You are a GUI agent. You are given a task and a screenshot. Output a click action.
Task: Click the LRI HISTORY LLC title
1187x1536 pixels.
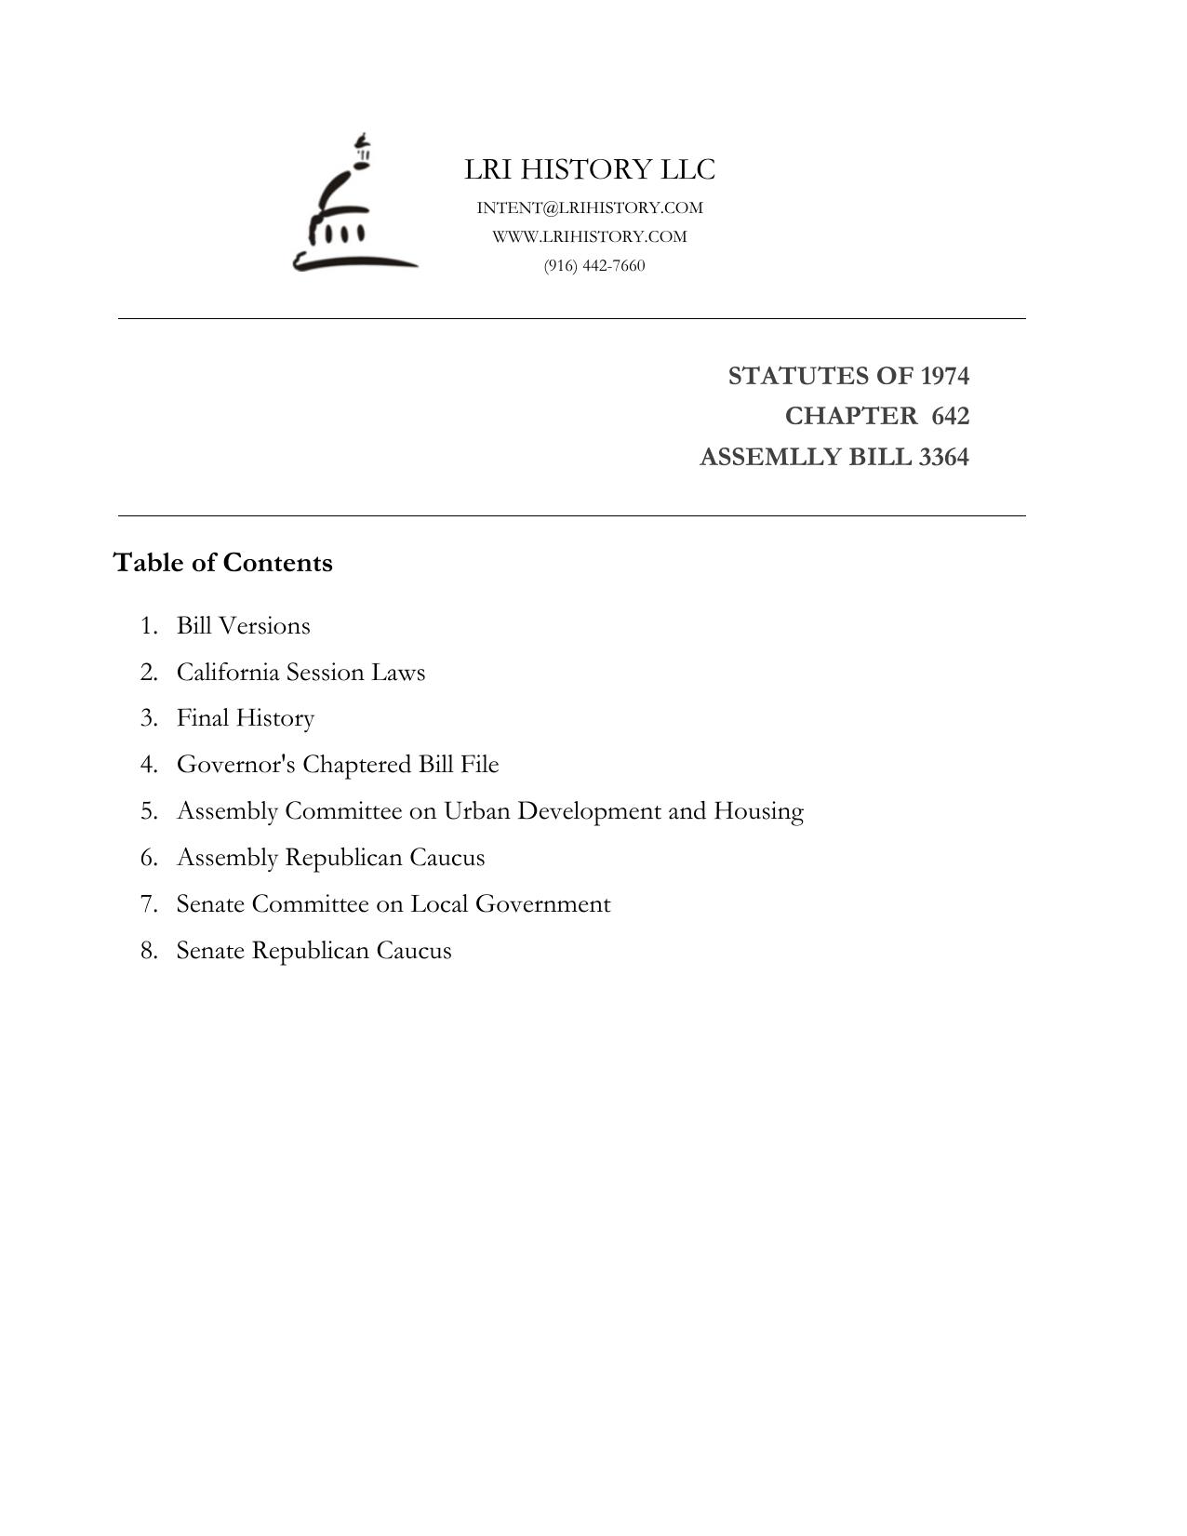(x=590, y=169)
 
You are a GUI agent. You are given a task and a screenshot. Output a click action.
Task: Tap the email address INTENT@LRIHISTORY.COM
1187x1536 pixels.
(x=590, y=207)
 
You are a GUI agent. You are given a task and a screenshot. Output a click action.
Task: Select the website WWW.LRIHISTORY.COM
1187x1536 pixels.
(x=590, y=236)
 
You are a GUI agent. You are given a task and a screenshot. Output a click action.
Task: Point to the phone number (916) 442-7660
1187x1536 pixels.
(x=594, y=265)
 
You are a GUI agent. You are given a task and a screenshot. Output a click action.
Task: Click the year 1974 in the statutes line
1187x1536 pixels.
(x=944, y=376)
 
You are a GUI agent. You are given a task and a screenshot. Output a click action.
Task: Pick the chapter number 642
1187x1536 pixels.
(x=950, y=416)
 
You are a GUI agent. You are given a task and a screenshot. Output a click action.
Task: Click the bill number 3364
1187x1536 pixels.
(x=943, y=457)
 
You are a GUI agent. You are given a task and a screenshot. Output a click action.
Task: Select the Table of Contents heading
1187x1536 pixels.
(x=222, y=563)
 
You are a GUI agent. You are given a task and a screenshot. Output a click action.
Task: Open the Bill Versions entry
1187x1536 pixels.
(x=243, y=625)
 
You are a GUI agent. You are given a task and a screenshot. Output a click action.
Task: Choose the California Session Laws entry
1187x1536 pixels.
(x=300, y=672)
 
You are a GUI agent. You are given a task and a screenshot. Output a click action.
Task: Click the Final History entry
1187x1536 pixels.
(x=246, y=718)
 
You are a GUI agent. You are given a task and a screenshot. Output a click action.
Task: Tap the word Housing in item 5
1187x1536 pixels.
(x=758, y=811)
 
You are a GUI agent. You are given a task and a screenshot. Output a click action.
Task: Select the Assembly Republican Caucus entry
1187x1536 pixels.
(x=330, y=858)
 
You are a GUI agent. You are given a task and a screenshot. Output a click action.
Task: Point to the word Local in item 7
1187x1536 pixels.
(x=439, y=904)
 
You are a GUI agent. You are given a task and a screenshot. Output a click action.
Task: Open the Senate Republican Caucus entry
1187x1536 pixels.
(x=313, y=951)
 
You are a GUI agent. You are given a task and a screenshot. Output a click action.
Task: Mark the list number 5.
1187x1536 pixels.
(x=149, y=811)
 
